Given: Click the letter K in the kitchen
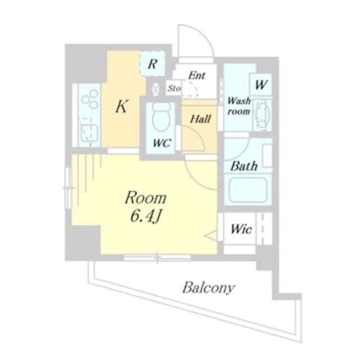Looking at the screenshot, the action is (x=121, y=106).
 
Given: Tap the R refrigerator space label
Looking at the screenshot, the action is (x=152, y=64).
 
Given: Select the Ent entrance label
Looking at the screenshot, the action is (x=196, y=75).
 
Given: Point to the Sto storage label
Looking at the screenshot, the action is (x=174, y=88).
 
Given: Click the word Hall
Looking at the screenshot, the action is (x=200, y=119).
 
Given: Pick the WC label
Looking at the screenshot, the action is (x=162, y=143).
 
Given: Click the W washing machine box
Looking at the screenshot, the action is (x=261, y=84).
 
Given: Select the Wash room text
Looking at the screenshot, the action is (x=238, y=106).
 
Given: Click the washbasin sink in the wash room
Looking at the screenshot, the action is (x=262, y=115).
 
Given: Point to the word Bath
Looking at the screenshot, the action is (x=244, y=166).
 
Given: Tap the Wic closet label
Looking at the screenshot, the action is (x=241, y=229).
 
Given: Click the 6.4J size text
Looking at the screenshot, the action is (x=146, y=216).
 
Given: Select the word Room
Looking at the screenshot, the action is (x=146, y=197).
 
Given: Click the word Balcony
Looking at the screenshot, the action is (x=209, y=287).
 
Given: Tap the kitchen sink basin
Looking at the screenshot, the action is (x=89, y=134).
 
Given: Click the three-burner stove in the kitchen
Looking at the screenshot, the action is (x=90, y=100).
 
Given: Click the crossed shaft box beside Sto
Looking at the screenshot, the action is (x=156, y=88).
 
